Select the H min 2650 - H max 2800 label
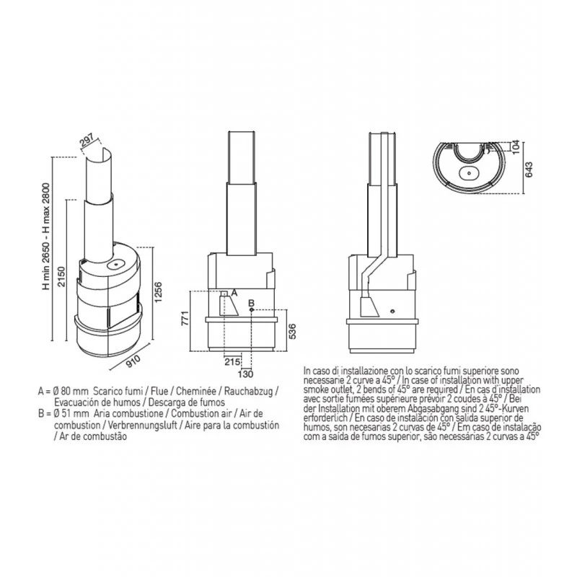point(48,235)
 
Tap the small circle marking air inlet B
point(250,311)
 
